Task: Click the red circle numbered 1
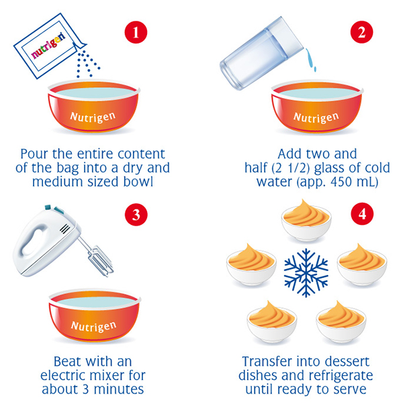(136, 32)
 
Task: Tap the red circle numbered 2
(361, 32)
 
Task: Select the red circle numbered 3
(136, 215)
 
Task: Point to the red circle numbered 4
(362, 214)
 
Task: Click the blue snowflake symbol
(306, 273)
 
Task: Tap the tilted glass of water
(261, 54)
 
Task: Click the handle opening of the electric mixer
(32, 243)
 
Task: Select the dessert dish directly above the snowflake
(306, 220)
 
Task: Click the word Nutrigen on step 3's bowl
(93, 326)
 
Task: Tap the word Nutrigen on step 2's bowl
(316, 117)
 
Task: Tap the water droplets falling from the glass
(311, 60)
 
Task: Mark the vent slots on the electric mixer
(65, 229)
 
